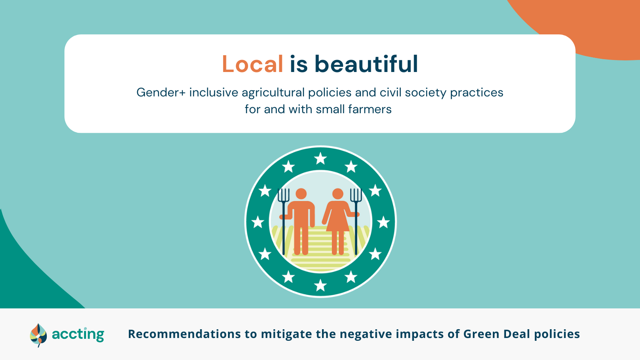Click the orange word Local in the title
(x=252, y=64)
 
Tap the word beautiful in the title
(x=366, y=64)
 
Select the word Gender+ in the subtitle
(x=161, y=92)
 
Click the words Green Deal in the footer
(x=496, y=334)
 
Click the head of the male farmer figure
(x=301, y=194)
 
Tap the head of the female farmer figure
(x=338, y=194)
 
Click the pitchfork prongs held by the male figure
(x=284, y=195)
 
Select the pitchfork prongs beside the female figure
(x=356, y=195)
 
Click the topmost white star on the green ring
(x=320, y=158)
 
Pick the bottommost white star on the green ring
(x=320, y=285)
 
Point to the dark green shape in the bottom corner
(x=26, y=274)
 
